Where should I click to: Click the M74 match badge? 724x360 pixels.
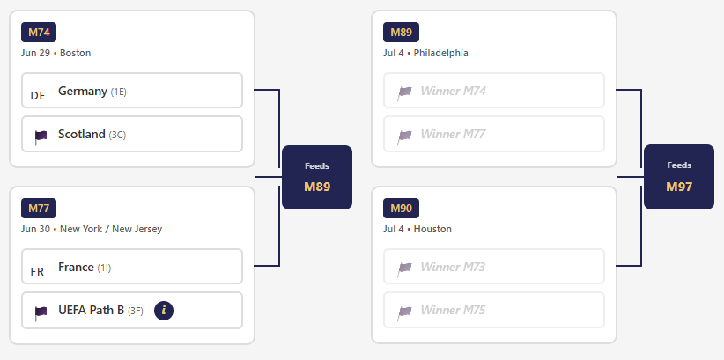[39, 33]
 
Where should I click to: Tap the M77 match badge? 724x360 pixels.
[39, 208]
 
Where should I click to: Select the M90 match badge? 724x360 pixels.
[402, 208]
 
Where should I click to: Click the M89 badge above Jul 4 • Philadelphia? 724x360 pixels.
[402, 33]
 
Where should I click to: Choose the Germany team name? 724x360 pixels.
[83, 91]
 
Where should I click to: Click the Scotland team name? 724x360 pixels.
[82, 135]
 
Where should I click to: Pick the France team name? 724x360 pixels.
[76, 268]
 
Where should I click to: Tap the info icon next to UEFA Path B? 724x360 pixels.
[164, 311]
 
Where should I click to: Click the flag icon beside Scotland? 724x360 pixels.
[41, 136]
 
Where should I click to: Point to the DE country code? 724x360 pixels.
[38, 96]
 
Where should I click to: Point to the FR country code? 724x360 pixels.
[37, 272]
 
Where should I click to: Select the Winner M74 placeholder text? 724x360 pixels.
[453, 91]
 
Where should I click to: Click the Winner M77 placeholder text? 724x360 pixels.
[453, 135]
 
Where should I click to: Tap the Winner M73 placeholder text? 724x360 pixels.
[453, 268]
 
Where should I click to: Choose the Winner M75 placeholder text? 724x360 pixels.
[453, 310]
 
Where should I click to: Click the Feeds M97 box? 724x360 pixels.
[679, 177]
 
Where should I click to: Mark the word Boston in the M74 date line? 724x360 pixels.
[75, 53]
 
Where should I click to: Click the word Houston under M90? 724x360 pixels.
[432, 229]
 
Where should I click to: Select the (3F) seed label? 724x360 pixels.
[136, 311]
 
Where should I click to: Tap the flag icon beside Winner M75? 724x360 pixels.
[404, 312]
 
